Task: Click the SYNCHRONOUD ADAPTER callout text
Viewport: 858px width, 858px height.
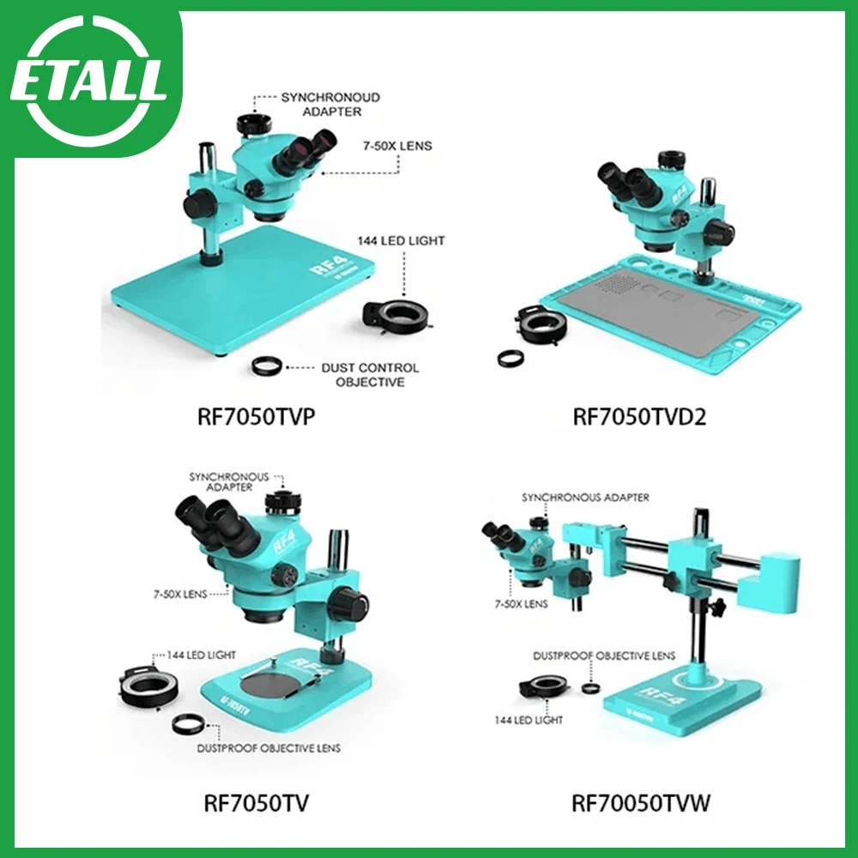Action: pos(330,105)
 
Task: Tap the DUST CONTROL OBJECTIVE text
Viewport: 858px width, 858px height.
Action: pos(370,374)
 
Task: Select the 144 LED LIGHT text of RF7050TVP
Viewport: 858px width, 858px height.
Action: pos(402,241)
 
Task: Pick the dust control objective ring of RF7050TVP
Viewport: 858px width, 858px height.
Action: pos(267,366)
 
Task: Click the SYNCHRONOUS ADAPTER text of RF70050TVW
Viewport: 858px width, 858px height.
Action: pos(585,498)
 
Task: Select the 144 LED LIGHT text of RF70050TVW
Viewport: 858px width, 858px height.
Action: pos(528,720)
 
